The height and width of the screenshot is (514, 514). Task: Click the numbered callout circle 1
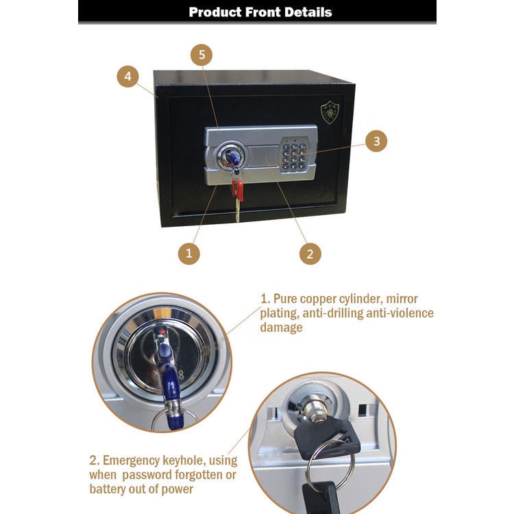189,254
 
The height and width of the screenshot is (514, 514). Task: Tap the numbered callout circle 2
310,254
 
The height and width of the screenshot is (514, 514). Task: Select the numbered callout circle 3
376,141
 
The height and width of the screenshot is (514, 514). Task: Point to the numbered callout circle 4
128,76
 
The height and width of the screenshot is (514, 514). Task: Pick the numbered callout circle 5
201,55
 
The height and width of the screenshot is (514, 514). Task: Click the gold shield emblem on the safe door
330,112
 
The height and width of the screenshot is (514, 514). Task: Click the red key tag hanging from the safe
237,189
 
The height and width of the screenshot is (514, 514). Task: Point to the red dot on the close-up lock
163,332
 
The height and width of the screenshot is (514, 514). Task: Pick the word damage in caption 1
281,328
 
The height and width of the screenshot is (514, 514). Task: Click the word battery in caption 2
108,489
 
